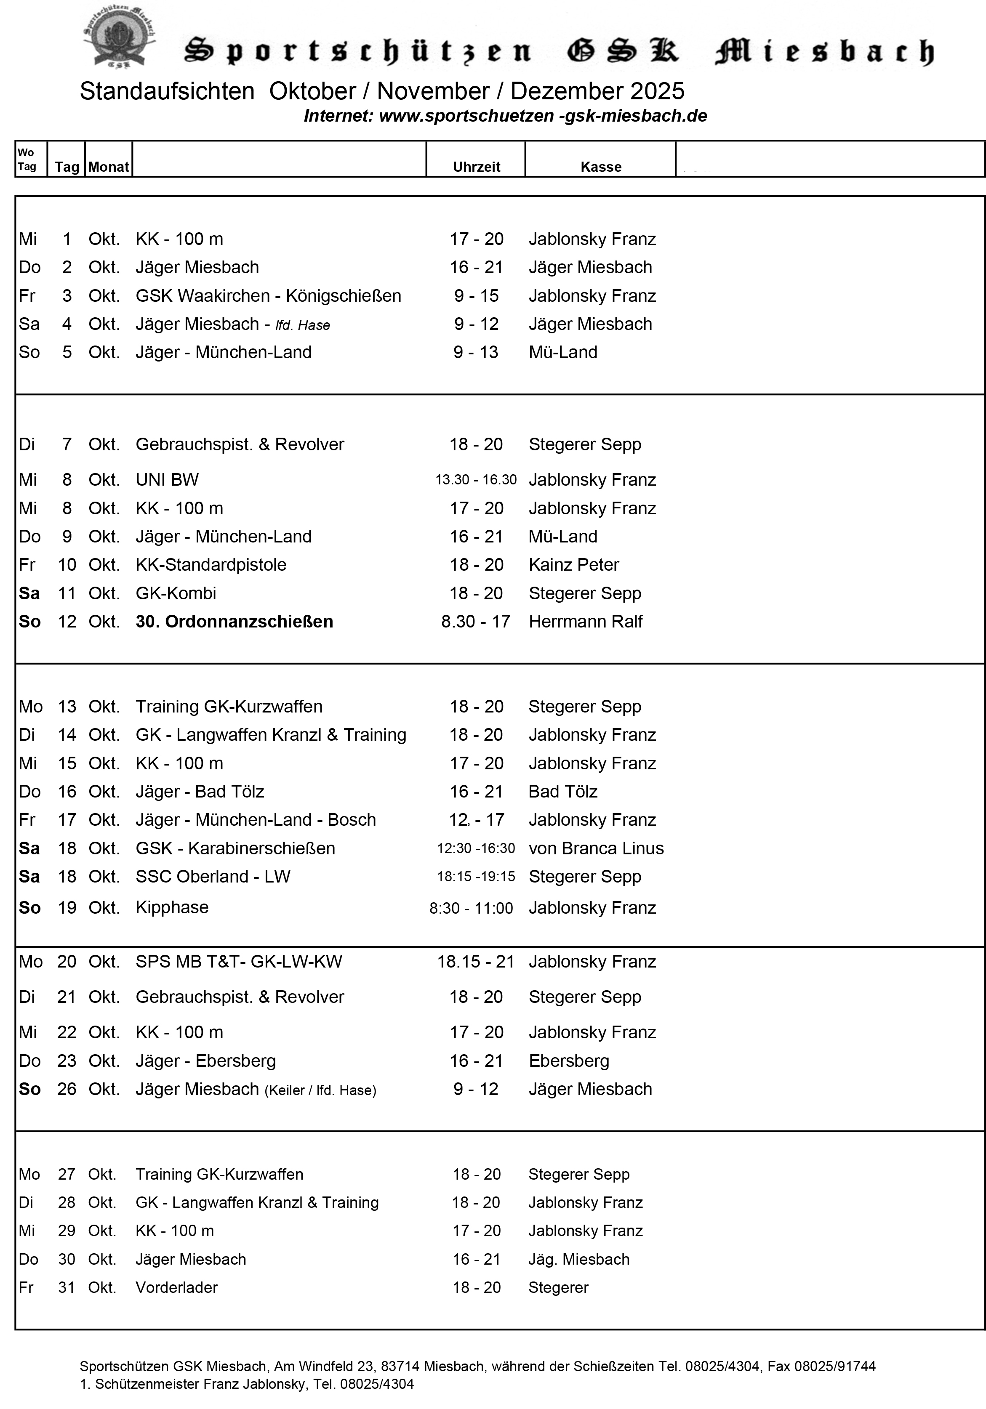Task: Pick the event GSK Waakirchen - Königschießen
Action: (x=268, y=296)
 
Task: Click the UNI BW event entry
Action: (x=167, y=479)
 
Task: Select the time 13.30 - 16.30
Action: (x=476, y=479)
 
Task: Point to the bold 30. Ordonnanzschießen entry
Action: (x=234, y=622)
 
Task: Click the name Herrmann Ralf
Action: (x=585, y=622)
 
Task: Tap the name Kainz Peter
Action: (x=573, y=565)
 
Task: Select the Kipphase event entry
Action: (x=172, y=907)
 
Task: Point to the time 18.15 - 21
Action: (x=475, y=962)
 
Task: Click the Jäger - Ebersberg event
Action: (x=206, y=1061)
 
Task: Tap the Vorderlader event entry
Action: (x=176, y=1287)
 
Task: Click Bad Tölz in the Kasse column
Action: (x=562, y=792)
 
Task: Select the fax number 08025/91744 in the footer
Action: (x=834, y=1366)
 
